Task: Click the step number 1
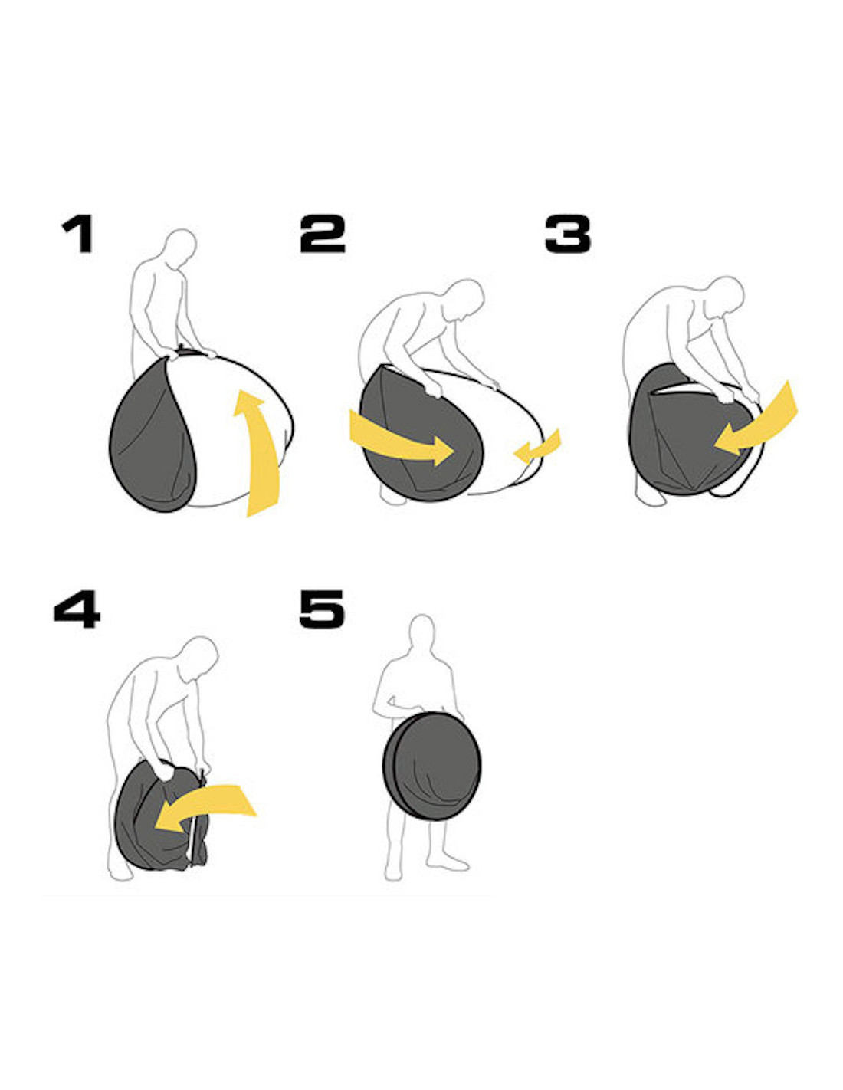pyautogui.click(x=77, y=233)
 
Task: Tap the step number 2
pyautogui.click(x=323, y=233)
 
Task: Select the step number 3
pyautogui.click(x=568, y=233)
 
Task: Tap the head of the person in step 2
pyautogui.click(x=465, y=298)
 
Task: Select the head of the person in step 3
pyautogui.click(x=724, y=296)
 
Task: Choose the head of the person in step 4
pyautogui.click(x=198, y=658)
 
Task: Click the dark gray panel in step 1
pyautogui.click(x=153, y=442)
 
